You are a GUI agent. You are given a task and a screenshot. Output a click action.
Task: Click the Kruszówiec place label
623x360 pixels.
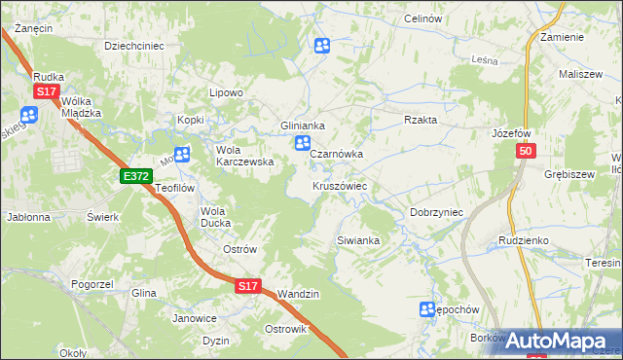pos(339,186)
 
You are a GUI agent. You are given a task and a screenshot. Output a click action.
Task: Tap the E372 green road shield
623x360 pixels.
pos(136,176)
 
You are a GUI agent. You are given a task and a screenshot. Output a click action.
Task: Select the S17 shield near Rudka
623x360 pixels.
pos(46,91)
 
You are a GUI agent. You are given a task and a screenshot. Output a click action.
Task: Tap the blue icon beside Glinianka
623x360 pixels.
pos(303,144)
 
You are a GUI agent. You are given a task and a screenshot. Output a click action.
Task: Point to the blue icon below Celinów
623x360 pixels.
pos(322,45)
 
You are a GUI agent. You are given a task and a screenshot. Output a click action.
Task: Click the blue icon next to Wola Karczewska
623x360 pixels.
pos(181,154)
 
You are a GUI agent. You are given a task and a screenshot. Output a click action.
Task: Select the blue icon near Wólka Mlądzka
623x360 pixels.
pos(27,115)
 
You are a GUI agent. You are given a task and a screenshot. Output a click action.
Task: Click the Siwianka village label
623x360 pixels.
pos(357,239)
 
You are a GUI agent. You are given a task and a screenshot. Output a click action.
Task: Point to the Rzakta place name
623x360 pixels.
pos(421,120)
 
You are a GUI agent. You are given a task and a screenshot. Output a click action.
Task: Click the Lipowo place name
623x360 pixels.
pos(226,92)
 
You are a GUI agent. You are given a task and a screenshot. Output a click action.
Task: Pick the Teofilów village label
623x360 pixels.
pos(176,189)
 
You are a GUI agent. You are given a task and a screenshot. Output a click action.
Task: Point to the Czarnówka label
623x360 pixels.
pos(337,154)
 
